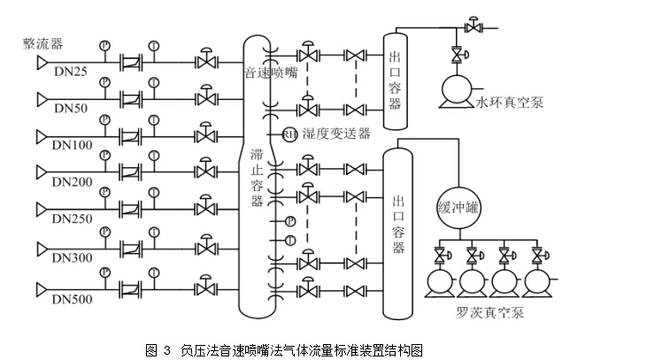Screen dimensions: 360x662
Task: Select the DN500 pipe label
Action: click(72, 299)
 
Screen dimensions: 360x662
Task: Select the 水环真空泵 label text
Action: click(509, 103)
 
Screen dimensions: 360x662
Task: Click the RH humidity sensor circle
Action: click(289, 134)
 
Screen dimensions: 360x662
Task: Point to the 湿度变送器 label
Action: click(337, 134)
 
